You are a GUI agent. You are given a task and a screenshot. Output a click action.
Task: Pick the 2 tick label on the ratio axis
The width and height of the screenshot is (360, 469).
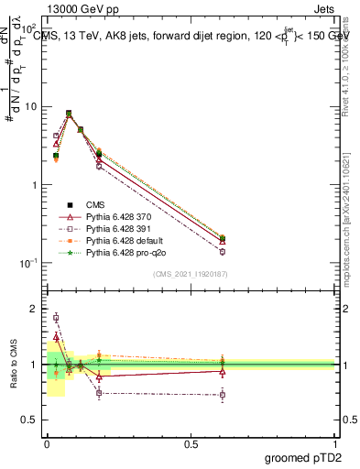[x=33, y=309]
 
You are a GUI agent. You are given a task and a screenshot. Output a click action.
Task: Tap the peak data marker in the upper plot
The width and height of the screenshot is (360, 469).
[x=69, y=115]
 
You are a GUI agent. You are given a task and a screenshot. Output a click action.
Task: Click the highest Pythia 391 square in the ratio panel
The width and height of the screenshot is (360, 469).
[x=56, y=318]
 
